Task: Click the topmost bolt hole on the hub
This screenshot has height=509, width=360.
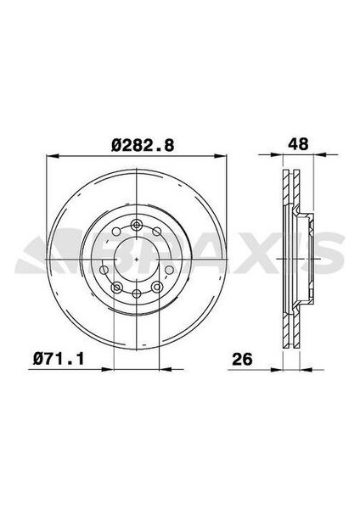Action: pyautogui.click(x=137, y=225)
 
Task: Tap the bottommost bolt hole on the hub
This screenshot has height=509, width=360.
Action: pyautogui.click(x=137, y=294)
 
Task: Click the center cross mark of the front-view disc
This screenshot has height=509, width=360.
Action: pyautogui.click(x=137, y=260)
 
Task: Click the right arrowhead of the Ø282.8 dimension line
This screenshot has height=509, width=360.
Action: pyautogui.click(x=222, y=157)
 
